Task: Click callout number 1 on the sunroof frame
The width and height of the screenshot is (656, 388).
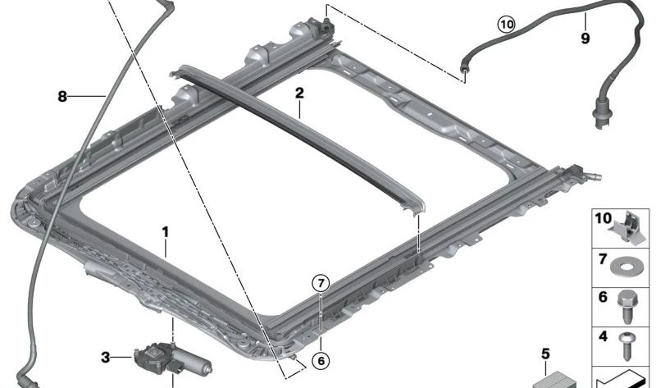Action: pos(165,232)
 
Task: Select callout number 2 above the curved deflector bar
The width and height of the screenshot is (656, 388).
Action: pos(299,94)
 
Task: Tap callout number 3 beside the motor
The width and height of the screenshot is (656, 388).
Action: pos(105,356)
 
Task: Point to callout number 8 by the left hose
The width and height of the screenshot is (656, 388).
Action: pos(61,96)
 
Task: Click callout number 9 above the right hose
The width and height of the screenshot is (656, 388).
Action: pos(585,37)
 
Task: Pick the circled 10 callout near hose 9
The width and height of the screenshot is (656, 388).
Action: pos(506,25)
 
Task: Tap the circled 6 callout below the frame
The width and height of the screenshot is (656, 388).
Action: pos(321,359)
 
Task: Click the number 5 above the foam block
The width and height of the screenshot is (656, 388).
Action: pos(544,355)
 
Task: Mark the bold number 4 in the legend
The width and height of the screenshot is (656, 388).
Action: pos(603,336)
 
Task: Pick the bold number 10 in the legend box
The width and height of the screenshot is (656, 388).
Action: pos(603,220)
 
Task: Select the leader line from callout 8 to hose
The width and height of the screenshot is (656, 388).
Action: pos(86,96)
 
